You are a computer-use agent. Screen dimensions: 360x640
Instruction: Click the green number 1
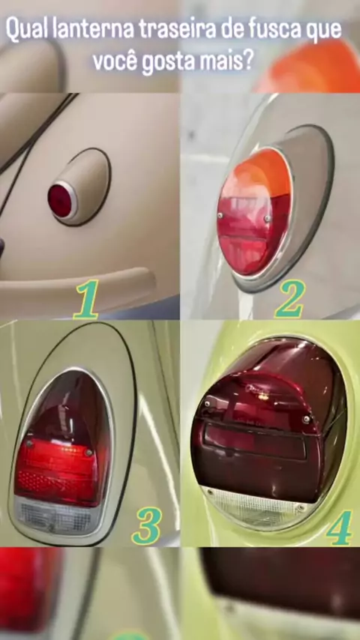86,299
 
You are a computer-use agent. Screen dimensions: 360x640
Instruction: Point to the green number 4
339,528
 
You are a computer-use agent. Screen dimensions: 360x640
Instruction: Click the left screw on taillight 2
220,215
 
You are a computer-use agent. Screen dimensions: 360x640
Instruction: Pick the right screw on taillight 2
267,218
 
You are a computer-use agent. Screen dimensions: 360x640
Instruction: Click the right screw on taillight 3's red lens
88,452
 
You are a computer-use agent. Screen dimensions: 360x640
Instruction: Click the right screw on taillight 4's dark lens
306,419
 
